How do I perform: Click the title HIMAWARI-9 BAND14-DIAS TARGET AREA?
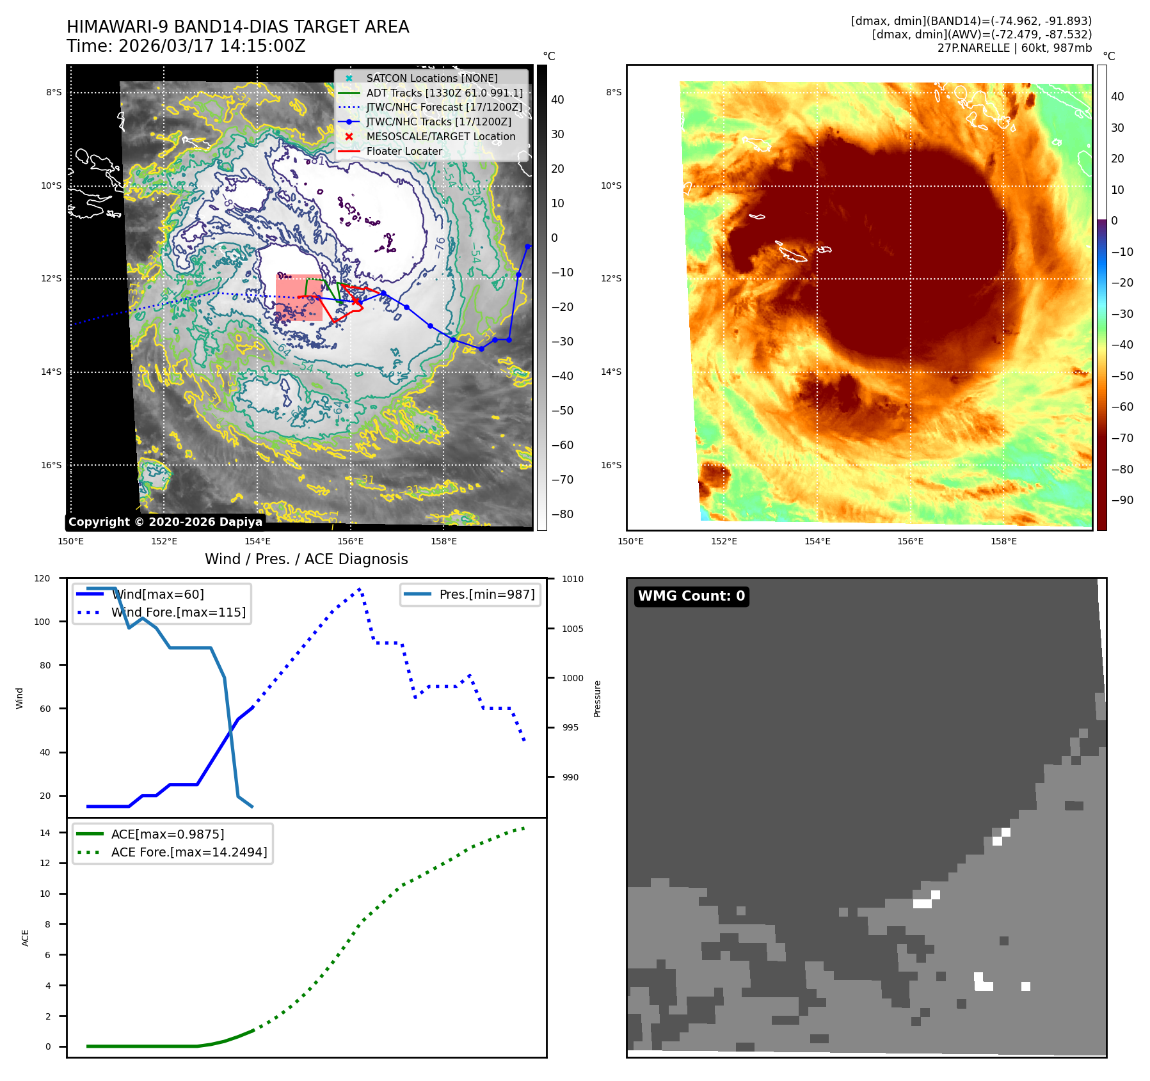point(237,27)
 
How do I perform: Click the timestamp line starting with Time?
point(186,46)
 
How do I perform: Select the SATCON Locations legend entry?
point(431,78)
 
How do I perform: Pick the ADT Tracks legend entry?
point(444,93)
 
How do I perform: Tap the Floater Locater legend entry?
point(404,151)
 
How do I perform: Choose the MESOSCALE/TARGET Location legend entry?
point(440,136)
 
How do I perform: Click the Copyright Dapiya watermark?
point(165,522)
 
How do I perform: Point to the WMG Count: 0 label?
point(691,596)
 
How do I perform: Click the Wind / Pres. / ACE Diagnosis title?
point(306,559)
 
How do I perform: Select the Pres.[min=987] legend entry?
point(486,594)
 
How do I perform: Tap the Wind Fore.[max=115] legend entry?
point(178,612)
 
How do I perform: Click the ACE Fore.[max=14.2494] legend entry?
point(189,852)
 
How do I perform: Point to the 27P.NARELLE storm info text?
point(1014,48)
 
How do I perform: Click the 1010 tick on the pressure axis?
point(573,580)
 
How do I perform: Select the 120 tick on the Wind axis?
point(42,578)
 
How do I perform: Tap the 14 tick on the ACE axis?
point(45,833)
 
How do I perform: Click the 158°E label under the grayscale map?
point(443,542)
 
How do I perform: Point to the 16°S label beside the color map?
point(611,465)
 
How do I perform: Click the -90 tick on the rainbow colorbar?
point(1122,500)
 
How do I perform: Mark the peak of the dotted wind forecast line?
point(360,588)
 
